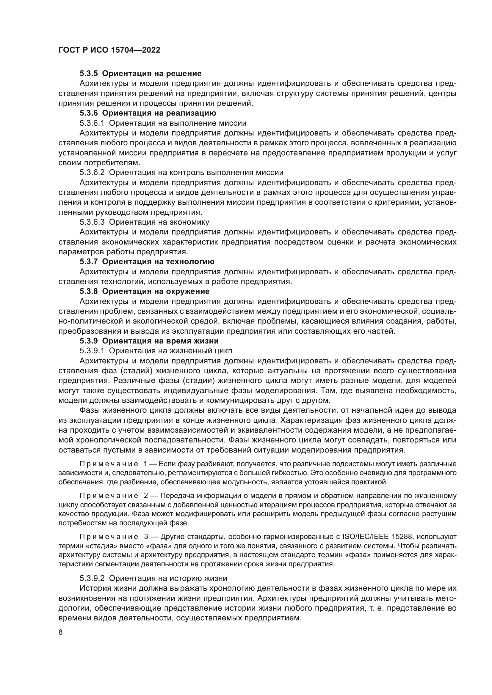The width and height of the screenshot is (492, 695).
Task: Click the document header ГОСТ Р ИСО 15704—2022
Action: tap(109, 50)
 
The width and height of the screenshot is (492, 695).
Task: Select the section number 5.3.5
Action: tap(88, 74)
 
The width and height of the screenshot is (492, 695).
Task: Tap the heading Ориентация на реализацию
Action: tap(159, 113)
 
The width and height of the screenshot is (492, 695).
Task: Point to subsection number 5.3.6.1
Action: tap(92, 123)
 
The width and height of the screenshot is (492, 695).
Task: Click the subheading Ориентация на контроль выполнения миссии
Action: tap(196, 173)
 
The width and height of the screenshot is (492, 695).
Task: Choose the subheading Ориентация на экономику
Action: tap(159, 222)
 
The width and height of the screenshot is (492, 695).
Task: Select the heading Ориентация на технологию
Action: tap(158, 261)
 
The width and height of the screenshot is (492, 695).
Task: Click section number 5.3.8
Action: tap(88, 291)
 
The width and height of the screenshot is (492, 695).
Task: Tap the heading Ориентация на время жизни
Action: tap(160, 341)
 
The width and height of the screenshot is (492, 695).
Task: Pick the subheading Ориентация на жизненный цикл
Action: tap(170, 351)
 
